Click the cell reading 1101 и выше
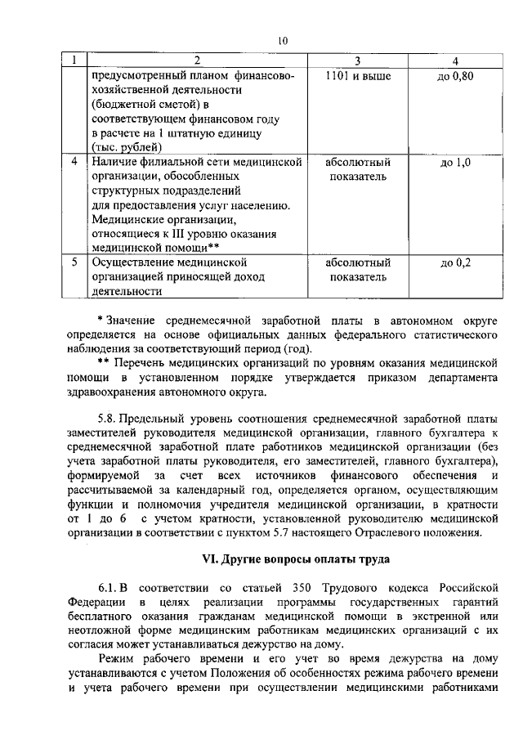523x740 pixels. click(x=357, y=76)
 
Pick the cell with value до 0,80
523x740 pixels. click(x=456, y=76)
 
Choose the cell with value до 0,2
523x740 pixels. click(x=456, y=262)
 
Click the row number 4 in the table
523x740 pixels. click(x=74, y=162)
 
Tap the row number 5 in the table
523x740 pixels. click(x=74, y=262)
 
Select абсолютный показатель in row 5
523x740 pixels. click(x=357, y=270)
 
